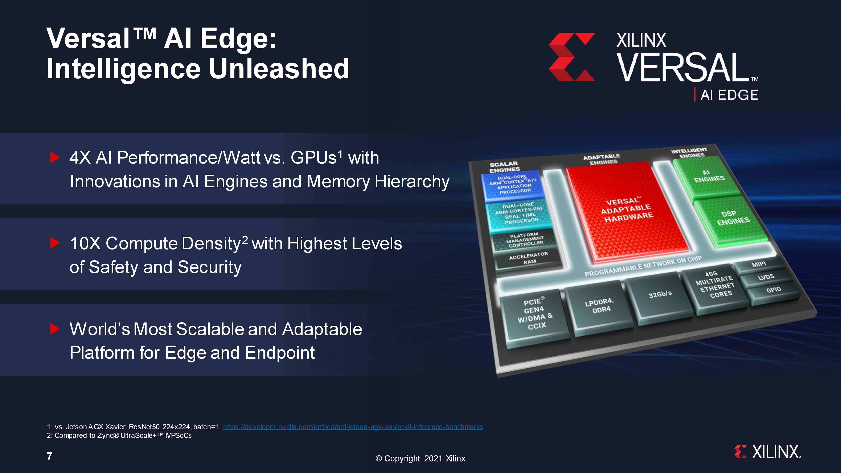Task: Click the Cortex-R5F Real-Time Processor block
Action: pyautogui.click(x=519, y=214)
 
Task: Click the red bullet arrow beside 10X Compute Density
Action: pyautogui.click(x=55, y=243)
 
